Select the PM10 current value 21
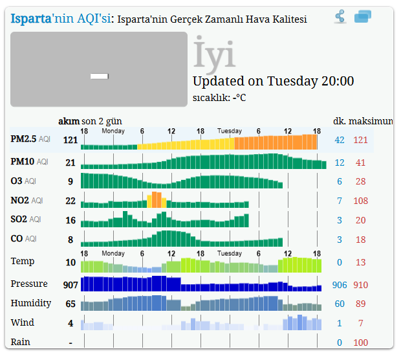coord(70,163)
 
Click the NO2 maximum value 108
coord(360,201)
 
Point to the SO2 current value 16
coord(70,220)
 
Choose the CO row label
coord(17,239)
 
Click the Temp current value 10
coord(70,263)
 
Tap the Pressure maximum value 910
coord(360,285)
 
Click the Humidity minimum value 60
coord(340,304)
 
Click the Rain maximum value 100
coord(360,343)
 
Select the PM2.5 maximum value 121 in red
coord(360,140)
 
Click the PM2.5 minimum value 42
coord(340,140)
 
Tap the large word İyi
coord(214,55)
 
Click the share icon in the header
coord(340,17)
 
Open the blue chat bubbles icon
coord(363,17)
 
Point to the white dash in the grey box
coord(99,76)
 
